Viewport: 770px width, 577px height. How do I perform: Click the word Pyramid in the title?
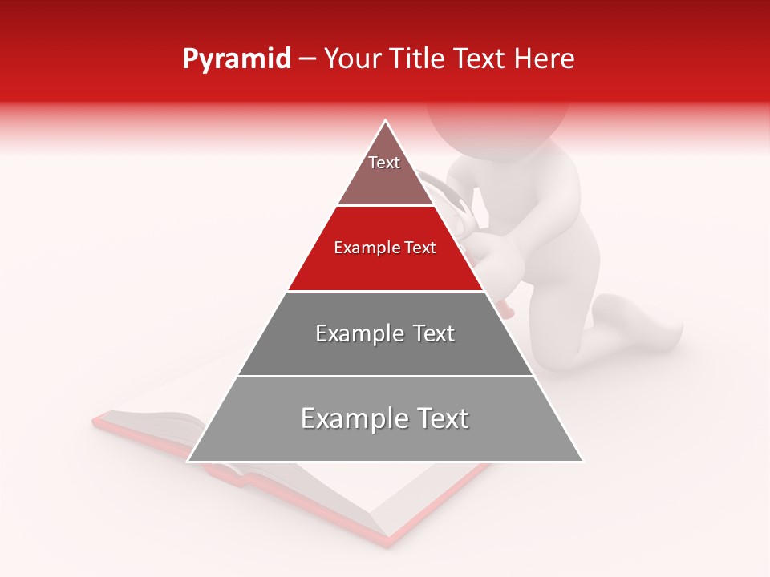237,59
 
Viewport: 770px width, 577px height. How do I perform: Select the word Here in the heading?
545,59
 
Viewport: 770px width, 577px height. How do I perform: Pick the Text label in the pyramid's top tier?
384,163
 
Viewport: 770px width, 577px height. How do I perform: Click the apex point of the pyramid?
386,120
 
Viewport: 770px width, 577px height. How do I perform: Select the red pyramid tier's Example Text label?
385,248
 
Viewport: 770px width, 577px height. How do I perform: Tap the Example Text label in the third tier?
385,333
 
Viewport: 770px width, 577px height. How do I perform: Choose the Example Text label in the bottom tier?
385,418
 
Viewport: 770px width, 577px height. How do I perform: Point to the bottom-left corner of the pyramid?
188,461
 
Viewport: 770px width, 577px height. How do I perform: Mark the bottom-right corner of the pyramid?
583,461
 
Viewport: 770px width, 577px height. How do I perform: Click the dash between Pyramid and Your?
307,59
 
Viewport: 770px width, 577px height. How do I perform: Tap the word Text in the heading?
480,59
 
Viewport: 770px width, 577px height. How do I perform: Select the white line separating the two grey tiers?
385,376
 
